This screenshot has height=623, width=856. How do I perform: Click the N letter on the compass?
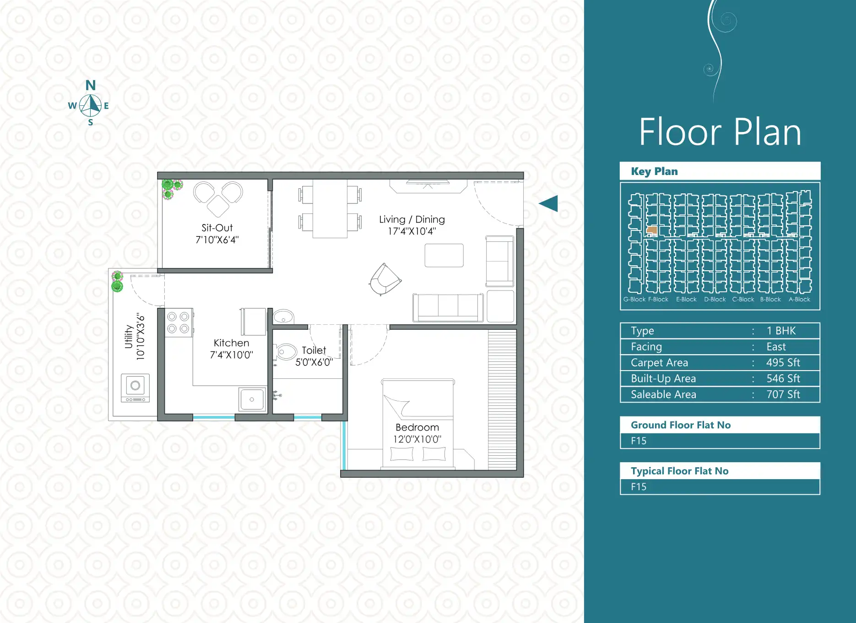pyautogui.click(x=91, y=85)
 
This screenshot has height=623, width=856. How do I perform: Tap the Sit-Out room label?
pyautogui.click(x=217, y=228)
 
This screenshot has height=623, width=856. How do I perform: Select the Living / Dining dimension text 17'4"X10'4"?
pyautogui.click(x=412, y=231)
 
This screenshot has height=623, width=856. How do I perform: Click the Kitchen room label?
pyautogui.click(x=232, y=343)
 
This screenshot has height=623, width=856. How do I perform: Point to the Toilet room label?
pyautogui.click(x=314, y=350)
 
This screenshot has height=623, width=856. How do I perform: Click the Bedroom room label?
pyautogui.click(x=417, y=427)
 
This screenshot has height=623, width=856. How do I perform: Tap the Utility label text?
pyautogui.click(x=129, y=337)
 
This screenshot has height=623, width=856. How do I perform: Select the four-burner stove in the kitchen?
pyautogui.click(x=179, y=322)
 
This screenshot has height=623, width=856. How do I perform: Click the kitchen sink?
pyautogui.click(x=252, y=399)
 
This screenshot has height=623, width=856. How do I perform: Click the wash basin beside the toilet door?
pyautogui.click(x=284, y=317)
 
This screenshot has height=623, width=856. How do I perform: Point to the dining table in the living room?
pyautogui.click(x=330, y=208)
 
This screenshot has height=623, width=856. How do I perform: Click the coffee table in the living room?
pyautogui.click(x=444, y=255)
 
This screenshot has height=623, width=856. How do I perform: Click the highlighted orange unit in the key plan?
pyautogui.click(x=652, y=230)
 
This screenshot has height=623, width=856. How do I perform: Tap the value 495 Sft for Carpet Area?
pyautogui.click(x=783, y=363)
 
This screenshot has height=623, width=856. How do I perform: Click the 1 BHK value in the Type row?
pyautogui.click(x=781, y=331)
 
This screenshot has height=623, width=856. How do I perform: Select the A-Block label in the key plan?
pyautogui.click(x=799, y=299)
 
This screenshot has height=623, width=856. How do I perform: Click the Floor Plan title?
pyautogui.click(x=720, y=132)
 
